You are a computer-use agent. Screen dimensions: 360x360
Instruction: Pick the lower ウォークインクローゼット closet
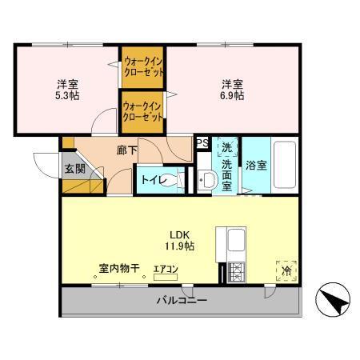tap(143, 110)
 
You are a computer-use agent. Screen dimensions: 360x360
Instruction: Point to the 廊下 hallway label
tap(126, 149)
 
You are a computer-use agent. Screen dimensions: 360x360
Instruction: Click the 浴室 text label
tap(256, 166)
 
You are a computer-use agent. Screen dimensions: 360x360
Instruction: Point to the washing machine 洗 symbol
tap(226, 147)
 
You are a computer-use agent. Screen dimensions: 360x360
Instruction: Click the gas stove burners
tap(236, 272)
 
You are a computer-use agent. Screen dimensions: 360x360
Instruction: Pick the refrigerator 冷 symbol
tap(286, 270)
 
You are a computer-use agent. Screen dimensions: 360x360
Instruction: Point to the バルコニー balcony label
tap(181, 302)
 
